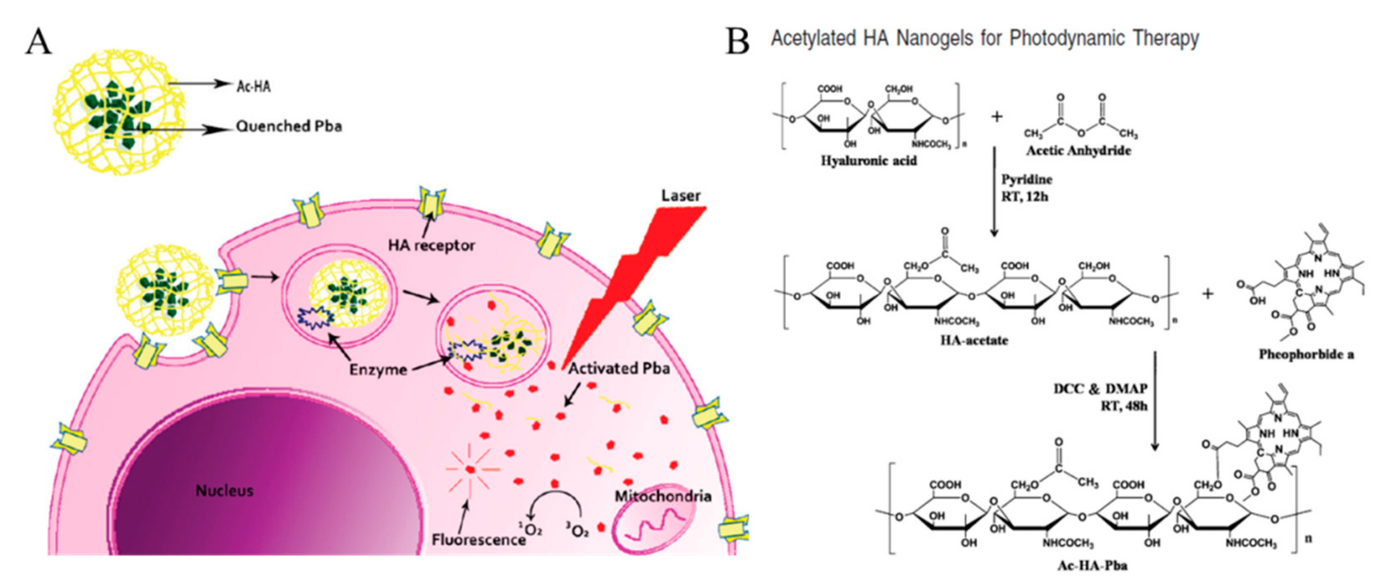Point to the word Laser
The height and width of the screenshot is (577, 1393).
pos(681,196)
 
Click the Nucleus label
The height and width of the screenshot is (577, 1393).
pos(224,490)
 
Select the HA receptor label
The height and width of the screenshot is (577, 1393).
pos(431,245)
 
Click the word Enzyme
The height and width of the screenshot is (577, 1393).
pos(378,370)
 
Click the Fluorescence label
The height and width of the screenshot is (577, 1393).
pos(479,539)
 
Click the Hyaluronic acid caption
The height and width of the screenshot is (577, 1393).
pos(869,160)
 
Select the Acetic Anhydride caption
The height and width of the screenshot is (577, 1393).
pos(1078,150)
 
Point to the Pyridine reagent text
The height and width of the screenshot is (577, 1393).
pos(1027,180)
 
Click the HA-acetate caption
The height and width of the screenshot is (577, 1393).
pos(974,341)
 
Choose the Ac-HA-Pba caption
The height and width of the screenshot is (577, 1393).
pos(1092,565)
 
